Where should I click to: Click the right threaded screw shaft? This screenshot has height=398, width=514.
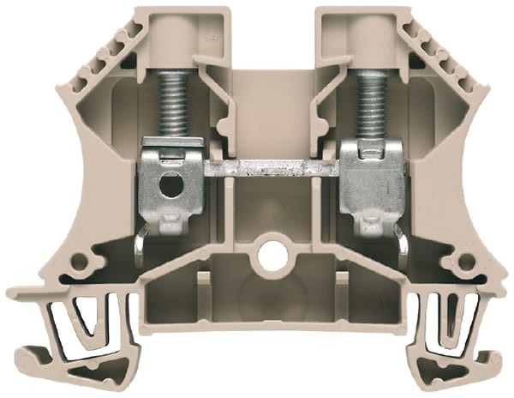[371, 103]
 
